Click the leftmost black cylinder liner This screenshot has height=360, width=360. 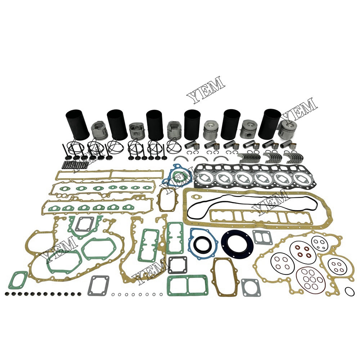pyautogui.click(x=77, y=124)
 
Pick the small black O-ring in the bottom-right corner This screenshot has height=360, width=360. pyautogui.click(x=349, y=291)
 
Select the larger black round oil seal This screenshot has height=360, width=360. pyautogui.click(x=237, y=242)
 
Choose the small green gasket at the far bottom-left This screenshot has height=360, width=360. pyautogui.click(x=18, y=280)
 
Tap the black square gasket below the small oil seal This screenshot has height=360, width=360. pyautogui.click(x=177, y=265)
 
